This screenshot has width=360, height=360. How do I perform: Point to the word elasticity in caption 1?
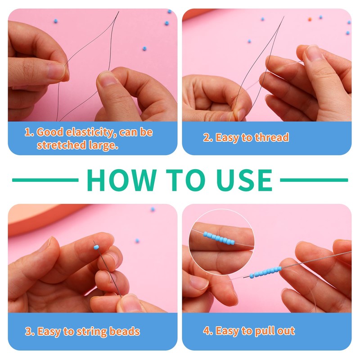[90, 132]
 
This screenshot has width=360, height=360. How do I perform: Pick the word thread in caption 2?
[272, 137]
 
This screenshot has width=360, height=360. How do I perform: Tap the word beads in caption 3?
[125, 331]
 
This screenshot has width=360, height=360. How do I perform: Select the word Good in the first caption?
[50, 132]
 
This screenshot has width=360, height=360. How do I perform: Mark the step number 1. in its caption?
[29, 132]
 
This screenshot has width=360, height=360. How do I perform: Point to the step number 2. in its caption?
[208, 138]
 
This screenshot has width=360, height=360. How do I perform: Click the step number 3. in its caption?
[30, 332]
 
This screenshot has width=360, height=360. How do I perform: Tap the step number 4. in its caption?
[208, 331]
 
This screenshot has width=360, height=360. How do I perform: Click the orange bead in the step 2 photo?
[310, 19]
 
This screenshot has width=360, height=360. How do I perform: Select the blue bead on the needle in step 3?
[96, 247]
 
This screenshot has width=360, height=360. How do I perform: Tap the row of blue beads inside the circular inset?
[219, 238]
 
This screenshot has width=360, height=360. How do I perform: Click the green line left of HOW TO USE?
[45, 180]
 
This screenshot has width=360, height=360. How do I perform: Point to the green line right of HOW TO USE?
[314, 180]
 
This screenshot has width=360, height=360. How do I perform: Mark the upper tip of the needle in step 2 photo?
[284, 17]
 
